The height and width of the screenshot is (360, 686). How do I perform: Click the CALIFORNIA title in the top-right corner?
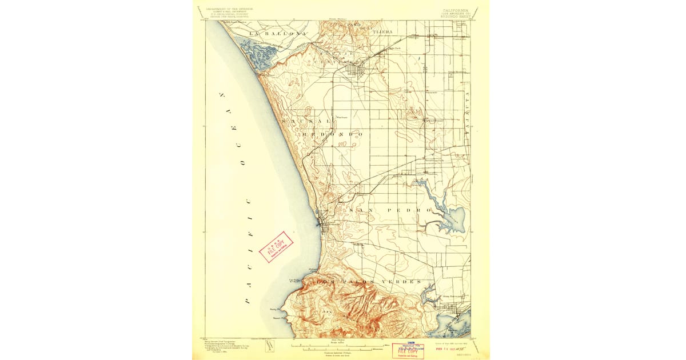454,10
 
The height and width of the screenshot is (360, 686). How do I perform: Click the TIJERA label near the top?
382,33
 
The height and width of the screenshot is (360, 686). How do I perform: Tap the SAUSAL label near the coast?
305,122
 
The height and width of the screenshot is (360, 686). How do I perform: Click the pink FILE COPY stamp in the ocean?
276,246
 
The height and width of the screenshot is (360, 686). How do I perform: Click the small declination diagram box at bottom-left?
270,346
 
